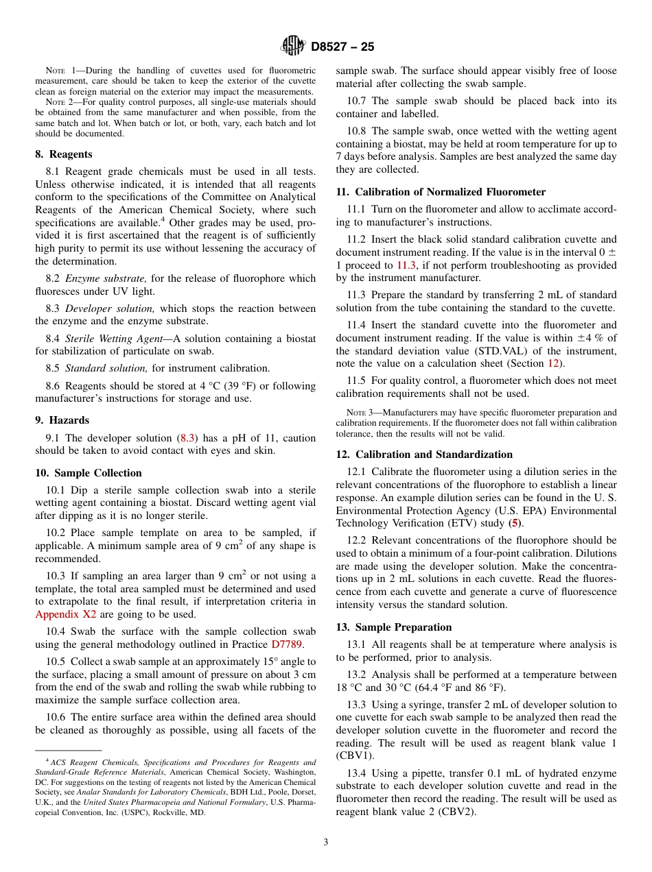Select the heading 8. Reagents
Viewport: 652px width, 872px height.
coord(64,154)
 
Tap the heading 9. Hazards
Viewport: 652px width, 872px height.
coord(62,420)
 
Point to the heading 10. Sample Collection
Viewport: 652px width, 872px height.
coord(89,473)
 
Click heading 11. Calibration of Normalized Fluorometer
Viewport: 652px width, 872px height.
coord(441,192)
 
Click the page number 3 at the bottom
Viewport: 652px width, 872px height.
coord(326,843)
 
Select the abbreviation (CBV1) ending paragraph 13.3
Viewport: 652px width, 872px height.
coord(355,755)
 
